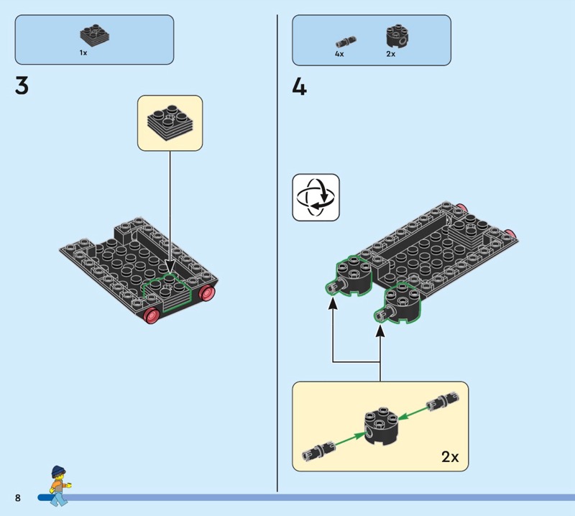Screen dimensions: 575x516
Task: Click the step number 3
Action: (x=22, y=86)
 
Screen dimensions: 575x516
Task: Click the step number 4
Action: (x=299, y=88)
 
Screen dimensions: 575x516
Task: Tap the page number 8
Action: (x=18, y=497)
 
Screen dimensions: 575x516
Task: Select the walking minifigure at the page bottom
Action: (x=59, y=486)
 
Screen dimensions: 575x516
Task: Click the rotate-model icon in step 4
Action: (x=316, y=198)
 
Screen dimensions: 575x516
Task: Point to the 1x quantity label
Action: (x=83, y=52)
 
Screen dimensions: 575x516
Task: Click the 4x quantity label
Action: (x=339, y=54)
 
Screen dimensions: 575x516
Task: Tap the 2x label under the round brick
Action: (x=390, y=54)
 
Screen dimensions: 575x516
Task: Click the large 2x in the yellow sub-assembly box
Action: (x=450, y=456)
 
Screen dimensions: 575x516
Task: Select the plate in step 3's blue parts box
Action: (x=95, y=34)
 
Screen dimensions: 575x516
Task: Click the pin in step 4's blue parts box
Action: (x=346, y=41)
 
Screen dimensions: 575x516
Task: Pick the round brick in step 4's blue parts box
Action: (x=397, y=37)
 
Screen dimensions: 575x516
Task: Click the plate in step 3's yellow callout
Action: (x=170, y=123)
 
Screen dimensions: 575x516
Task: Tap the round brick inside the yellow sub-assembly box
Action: (x=382, y=425)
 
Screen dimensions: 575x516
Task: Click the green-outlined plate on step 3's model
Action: (x=167, y=292)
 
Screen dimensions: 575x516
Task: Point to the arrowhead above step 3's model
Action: (x=170, y=267)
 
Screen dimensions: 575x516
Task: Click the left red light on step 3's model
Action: (x=152, y=315)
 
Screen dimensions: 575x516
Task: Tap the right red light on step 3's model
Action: (x=207, y=292)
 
